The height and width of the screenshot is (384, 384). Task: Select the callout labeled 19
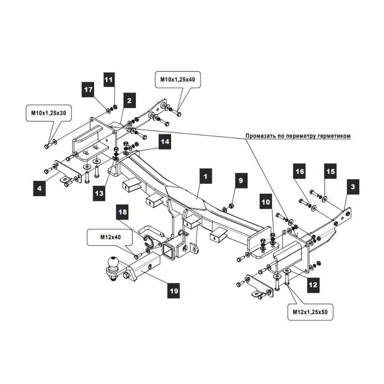pos(174,291)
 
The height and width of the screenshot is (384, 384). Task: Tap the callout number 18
pos(123,212)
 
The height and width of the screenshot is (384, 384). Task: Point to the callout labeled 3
pos(353,187)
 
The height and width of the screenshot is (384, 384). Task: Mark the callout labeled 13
pos(99,194)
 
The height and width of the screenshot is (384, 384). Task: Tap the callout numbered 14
pos(165,141)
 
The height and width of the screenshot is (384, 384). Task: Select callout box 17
pos(89,89)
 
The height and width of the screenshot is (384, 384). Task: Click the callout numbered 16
pos(300,171)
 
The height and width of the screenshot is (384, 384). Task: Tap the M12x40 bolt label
pos(110,237)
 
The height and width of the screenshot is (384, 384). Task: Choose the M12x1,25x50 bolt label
pos(310,312)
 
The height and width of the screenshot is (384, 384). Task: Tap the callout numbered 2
pos(129,101)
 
